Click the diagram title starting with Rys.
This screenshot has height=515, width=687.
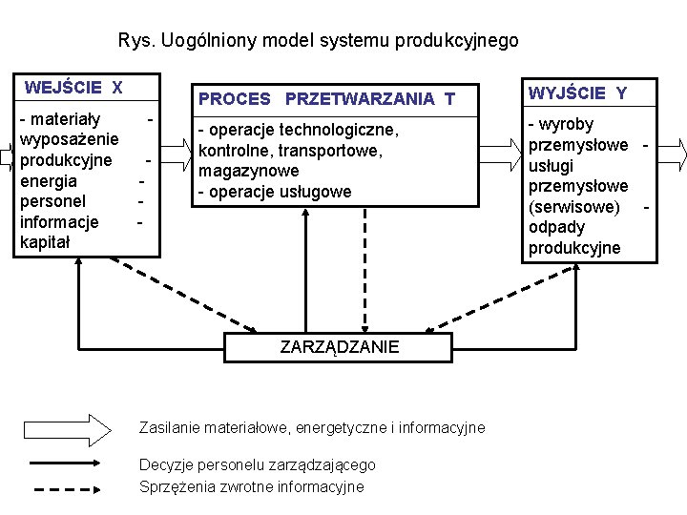click(x=319, y=41)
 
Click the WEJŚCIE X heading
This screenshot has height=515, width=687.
click(x=73, y=89)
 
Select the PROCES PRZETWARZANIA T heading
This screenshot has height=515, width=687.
click(x=325, y=98)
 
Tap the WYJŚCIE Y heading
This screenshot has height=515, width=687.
click(x=577, y=93)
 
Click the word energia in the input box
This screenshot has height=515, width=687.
click(x=49, y=180)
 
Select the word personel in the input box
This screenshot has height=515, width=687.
click(x=53, y=201)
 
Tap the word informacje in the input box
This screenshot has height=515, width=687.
click(x=59, y=222)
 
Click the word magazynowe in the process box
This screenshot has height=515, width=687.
click(x=248, y=171)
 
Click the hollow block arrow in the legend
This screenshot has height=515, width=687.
click(x=68, y=428)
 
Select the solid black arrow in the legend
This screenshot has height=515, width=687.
click(x=68, y=464)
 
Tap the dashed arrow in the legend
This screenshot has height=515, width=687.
click(x=68, y=488)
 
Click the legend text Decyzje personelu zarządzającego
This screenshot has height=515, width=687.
click(x=258, y=464)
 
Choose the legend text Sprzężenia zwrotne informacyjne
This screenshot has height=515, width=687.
click(x=252, y=487)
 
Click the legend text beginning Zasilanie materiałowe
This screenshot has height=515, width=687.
click(x=312, y=428)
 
